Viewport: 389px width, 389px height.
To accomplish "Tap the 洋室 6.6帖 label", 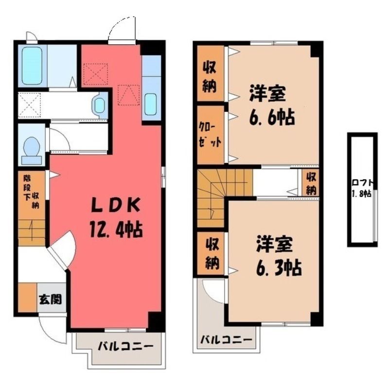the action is coord(272,105).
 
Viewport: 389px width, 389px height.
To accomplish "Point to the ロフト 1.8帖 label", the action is coord(362,188).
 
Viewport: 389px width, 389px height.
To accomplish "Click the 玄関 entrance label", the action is coord(50,300).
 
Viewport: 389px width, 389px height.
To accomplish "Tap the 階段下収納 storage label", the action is coord(31,191).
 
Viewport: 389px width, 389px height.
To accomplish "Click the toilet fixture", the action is coord(32,150).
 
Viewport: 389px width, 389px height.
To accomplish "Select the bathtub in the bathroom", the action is coord(32,66).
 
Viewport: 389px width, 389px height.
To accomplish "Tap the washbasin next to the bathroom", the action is coord(100,106).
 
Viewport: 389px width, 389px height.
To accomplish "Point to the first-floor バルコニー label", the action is coord(125,346).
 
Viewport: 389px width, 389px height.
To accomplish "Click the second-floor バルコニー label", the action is coord(226,339).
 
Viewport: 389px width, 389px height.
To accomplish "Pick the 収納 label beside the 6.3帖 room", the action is coord(212,253).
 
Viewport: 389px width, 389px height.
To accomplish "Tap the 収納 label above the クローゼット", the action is coord(210,76).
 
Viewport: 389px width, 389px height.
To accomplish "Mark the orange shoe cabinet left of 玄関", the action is coord(28,297).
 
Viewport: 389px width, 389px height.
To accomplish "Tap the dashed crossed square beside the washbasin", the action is coord(30,105).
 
